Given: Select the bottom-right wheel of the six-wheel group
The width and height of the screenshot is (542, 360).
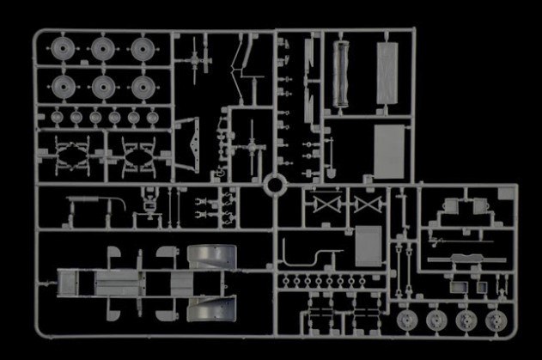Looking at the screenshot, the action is (142, 86).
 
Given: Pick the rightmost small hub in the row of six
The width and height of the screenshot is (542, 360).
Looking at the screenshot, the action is (153, 115).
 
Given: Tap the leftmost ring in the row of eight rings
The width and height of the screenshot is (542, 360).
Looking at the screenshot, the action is (284, 281).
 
